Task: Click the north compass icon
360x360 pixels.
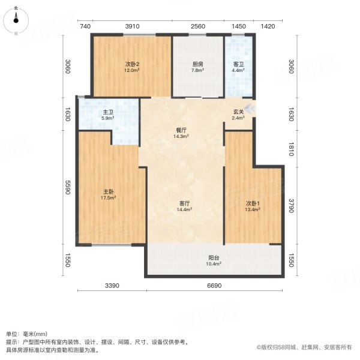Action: [16, 19]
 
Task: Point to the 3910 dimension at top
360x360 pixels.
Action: [132, 26]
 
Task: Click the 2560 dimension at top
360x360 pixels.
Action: [198, 26]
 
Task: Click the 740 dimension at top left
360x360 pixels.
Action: [85, 26]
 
